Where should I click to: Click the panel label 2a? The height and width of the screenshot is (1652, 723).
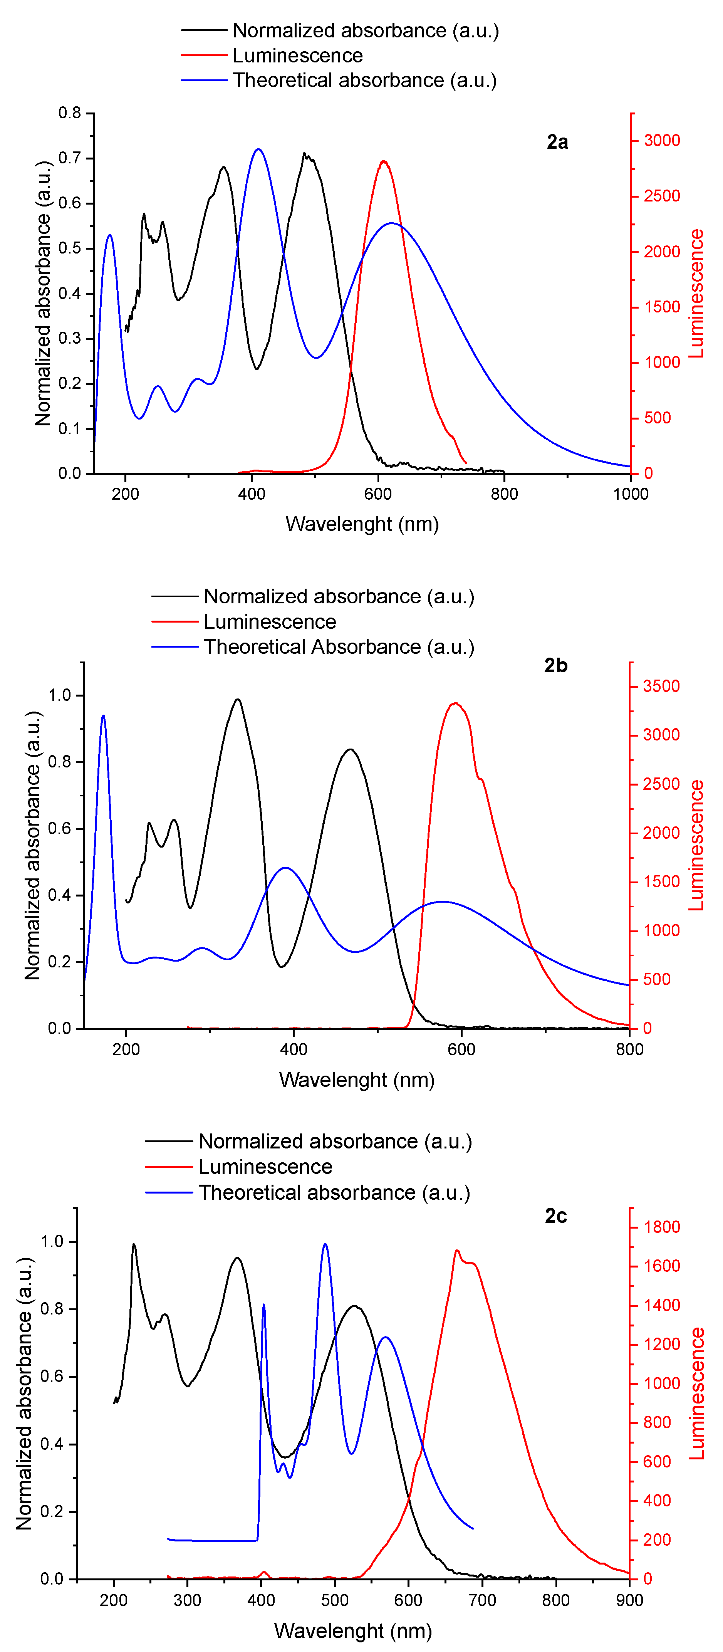(x=557, y=142)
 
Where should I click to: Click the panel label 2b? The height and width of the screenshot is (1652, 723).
(x=556, y=666)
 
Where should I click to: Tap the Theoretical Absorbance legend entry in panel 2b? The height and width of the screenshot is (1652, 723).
(x=339, y=647)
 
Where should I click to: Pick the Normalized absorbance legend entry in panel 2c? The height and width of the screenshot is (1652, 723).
(x=335, y=1142)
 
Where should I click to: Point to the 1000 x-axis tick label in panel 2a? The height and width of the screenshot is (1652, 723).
(x=630, y=494)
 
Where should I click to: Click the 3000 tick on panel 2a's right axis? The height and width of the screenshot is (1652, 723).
(x=661, y=141)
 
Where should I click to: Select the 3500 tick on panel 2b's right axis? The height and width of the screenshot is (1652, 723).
(x=661, y=686)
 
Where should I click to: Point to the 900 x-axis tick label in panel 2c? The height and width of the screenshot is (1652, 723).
(x=629, y=1600)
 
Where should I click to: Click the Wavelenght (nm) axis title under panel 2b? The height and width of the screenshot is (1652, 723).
(x=357, y=1080)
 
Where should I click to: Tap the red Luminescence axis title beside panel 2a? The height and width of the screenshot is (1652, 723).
(x=696, y=293)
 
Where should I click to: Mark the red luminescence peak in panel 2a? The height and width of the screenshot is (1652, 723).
(x=383, y=161)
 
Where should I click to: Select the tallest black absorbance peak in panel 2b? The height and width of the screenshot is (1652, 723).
(x=238, y=700)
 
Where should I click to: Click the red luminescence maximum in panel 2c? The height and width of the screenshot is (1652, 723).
(x=457, y=1251)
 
